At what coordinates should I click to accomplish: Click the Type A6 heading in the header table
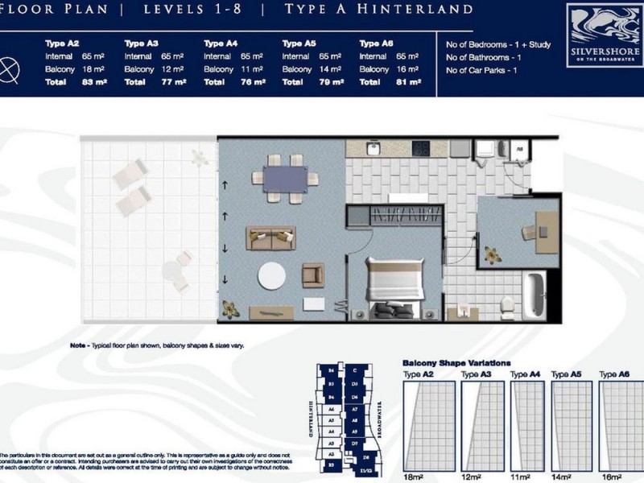[375, 43]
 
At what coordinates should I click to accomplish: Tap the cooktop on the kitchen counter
[422, 149]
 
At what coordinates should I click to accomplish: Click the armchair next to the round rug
[313, 275]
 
